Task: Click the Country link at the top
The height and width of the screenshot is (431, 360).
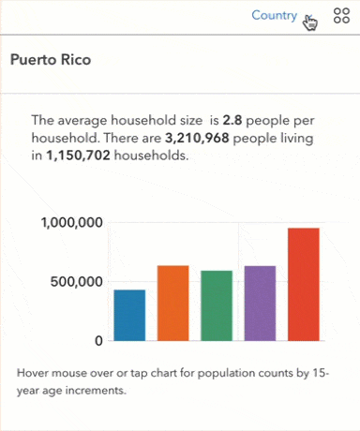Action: click(274, 16)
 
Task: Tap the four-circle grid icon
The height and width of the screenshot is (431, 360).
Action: click(340, 17)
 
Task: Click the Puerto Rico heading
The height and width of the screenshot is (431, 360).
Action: click(56, 59)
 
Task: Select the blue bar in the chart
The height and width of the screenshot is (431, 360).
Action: click(129, 315)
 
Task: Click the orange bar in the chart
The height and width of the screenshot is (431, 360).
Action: click(172, 303)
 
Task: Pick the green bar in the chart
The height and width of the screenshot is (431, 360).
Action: click(217, 305)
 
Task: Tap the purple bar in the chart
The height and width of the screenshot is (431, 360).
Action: click(260, 303)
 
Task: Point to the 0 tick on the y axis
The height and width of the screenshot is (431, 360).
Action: click(97, 340)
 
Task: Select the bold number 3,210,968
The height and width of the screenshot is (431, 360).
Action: click(201, 138)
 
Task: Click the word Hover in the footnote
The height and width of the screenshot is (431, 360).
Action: click(34, 373)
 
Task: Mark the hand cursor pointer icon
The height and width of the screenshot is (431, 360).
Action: click(310, 21)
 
